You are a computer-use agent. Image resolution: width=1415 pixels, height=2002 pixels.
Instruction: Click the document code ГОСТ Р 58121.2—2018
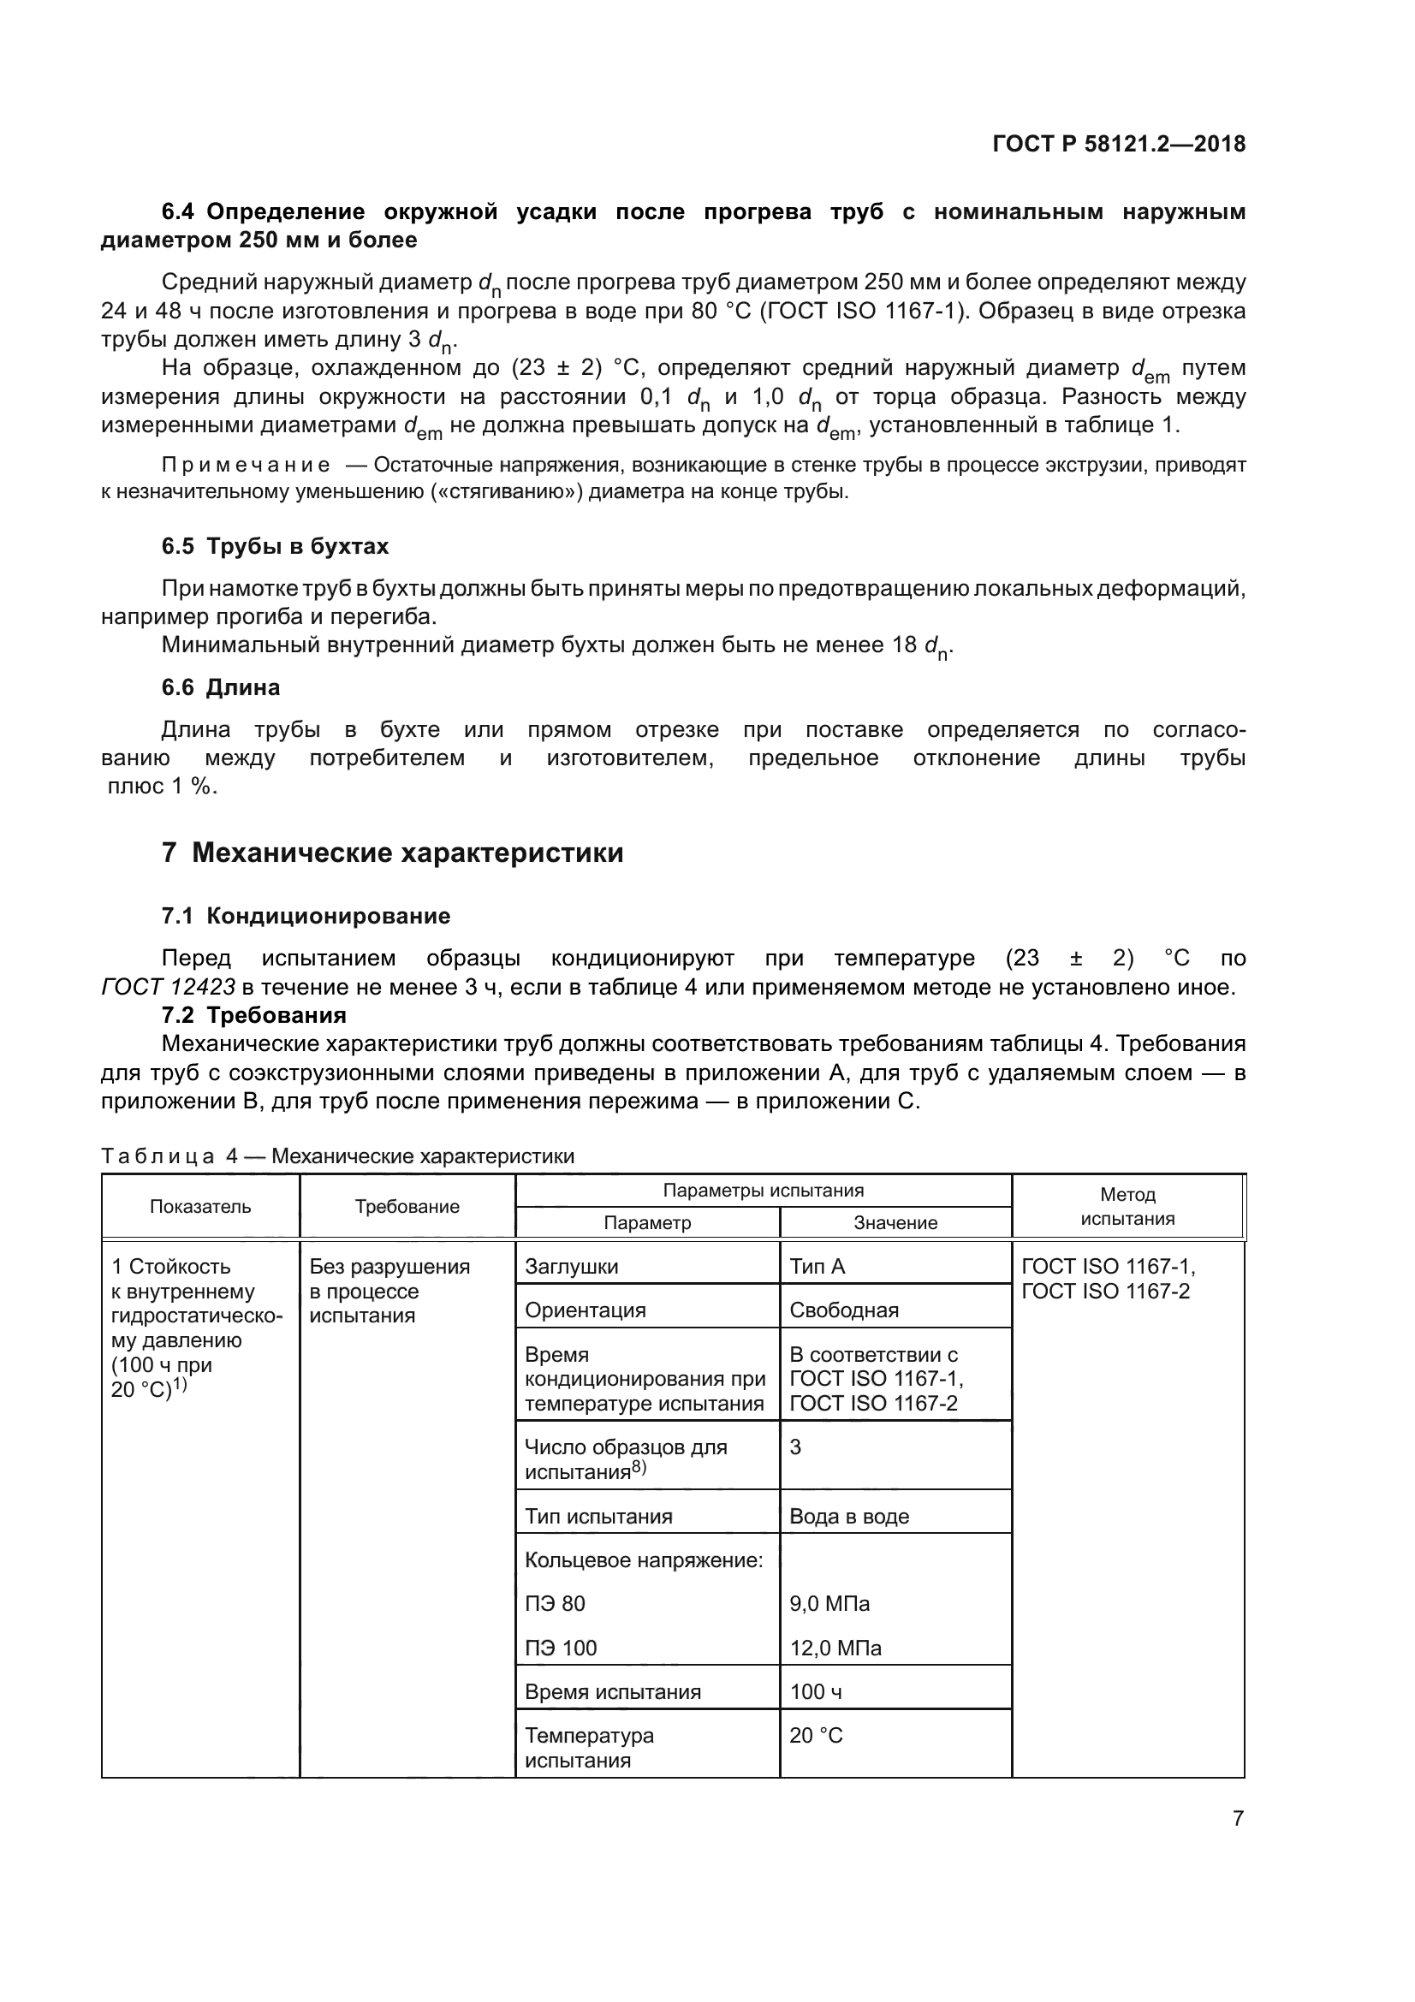[x=1119, y=144]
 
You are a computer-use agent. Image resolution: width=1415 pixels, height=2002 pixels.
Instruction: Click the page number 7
[x=1238, y=1818]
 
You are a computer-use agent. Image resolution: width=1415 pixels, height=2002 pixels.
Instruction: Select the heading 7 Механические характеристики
[x=392, y=852]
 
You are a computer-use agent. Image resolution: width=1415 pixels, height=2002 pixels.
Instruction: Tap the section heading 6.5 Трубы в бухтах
[x=275, y=547]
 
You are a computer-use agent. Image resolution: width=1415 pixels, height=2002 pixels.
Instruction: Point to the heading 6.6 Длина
[x=221, y=687]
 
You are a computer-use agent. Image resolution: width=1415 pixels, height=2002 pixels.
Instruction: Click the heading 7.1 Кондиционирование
[x=305, y=916]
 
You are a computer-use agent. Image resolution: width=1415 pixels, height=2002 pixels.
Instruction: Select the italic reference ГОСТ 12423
[x=169, y=987]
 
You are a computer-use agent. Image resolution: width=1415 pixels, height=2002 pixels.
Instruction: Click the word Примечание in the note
[x=246, y=465]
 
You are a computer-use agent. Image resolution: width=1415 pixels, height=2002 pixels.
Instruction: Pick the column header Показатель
[x=200, y=1207]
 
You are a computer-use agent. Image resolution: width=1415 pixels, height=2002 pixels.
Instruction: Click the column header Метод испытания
[x=1127, y=1207]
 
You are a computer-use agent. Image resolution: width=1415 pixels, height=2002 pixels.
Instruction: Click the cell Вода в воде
[x=848, y=1517]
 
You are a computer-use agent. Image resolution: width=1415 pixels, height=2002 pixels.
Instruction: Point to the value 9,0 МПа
[x=829, y=1603]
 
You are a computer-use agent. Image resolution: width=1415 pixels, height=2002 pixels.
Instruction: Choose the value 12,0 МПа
[x=835, y=1648]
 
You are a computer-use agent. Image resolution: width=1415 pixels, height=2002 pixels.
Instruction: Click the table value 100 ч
[x=815, y=1691]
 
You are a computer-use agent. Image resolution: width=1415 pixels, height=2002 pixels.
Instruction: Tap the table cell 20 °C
[x=816, y=1735]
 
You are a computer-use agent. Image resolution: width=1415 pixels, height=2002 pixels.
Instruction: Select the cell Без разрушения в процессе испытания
[x=389, y=1291]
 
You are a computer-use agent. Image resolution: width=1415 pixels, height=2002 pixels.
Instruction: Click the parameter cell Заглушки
[x=571, y=1266]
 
